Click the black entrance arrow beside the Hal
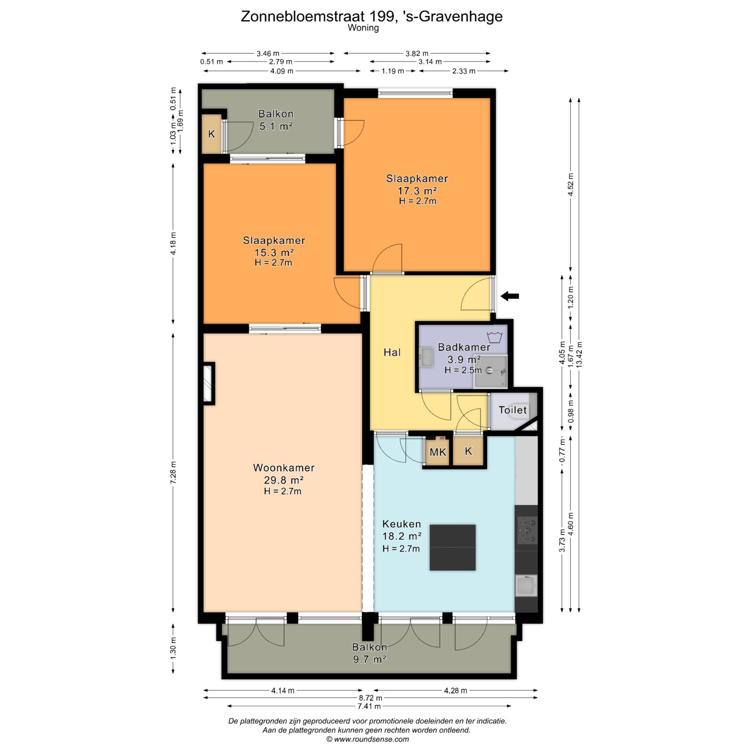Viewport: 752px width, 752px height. tap(510, 296)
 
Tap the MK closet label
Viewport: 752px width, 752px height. tap(437, 452)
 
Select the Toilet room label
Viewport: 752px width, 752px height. tap(512, 410)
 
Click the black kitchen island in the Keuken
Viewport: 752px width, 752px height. tap(452, 548)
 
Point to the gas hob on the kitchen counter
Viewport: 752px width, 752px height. tap(527, 531)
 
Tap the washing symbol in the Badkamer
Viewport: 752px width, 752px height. tap(495, 336)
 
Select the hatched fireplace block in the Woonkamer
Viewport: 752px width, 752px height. tap(208, 383)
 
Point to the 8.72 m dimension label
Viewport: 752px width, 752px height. tap(371, 698)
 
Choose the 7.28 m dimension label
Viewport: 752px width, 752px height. tap(173, 472)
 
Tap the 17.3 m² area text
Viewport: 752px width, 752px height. tap(417, 191)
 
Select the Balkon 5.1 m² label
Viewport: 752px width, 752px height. tap(276, 120)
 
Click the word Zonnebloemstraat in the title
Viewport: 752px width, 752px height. tap(303, 16)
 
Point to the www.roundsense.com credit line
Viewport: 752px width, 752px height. tap(367, 739)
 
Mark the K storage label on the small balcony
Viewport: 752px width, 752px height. tap(211, 134)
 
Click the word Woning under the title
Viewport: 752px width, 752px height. tap(363, 28)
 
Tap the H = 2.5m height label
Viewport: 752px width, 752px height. tap(463, 370)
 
